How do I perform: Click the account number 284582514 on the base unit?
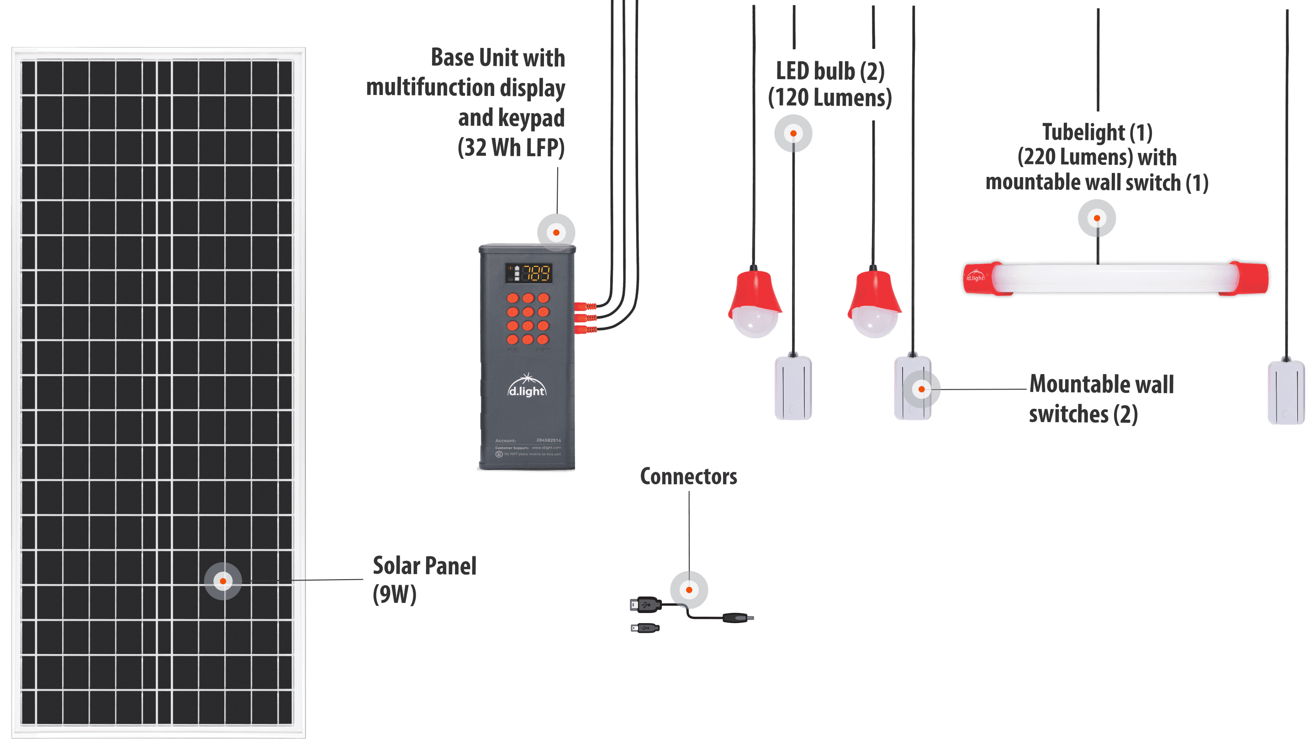549,440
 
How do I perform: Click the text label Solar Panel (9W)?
424,580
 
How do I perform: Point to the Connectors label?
688,477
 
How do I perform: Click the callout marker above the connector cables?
689,590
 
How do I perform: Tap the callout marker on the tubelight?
1097,218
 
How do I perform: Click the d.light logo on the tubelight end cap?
975,277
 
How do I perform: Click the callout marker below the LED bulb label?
793,133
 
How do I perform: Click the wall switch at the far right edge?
1286,392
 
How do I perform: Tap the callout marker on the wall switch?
921,389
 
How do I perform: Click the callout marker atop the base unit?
556,233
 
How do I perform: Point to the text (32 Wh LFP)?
511,148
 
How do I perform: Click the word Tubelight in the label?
1083,132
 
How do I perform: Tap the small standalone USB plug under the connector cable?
645,628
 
